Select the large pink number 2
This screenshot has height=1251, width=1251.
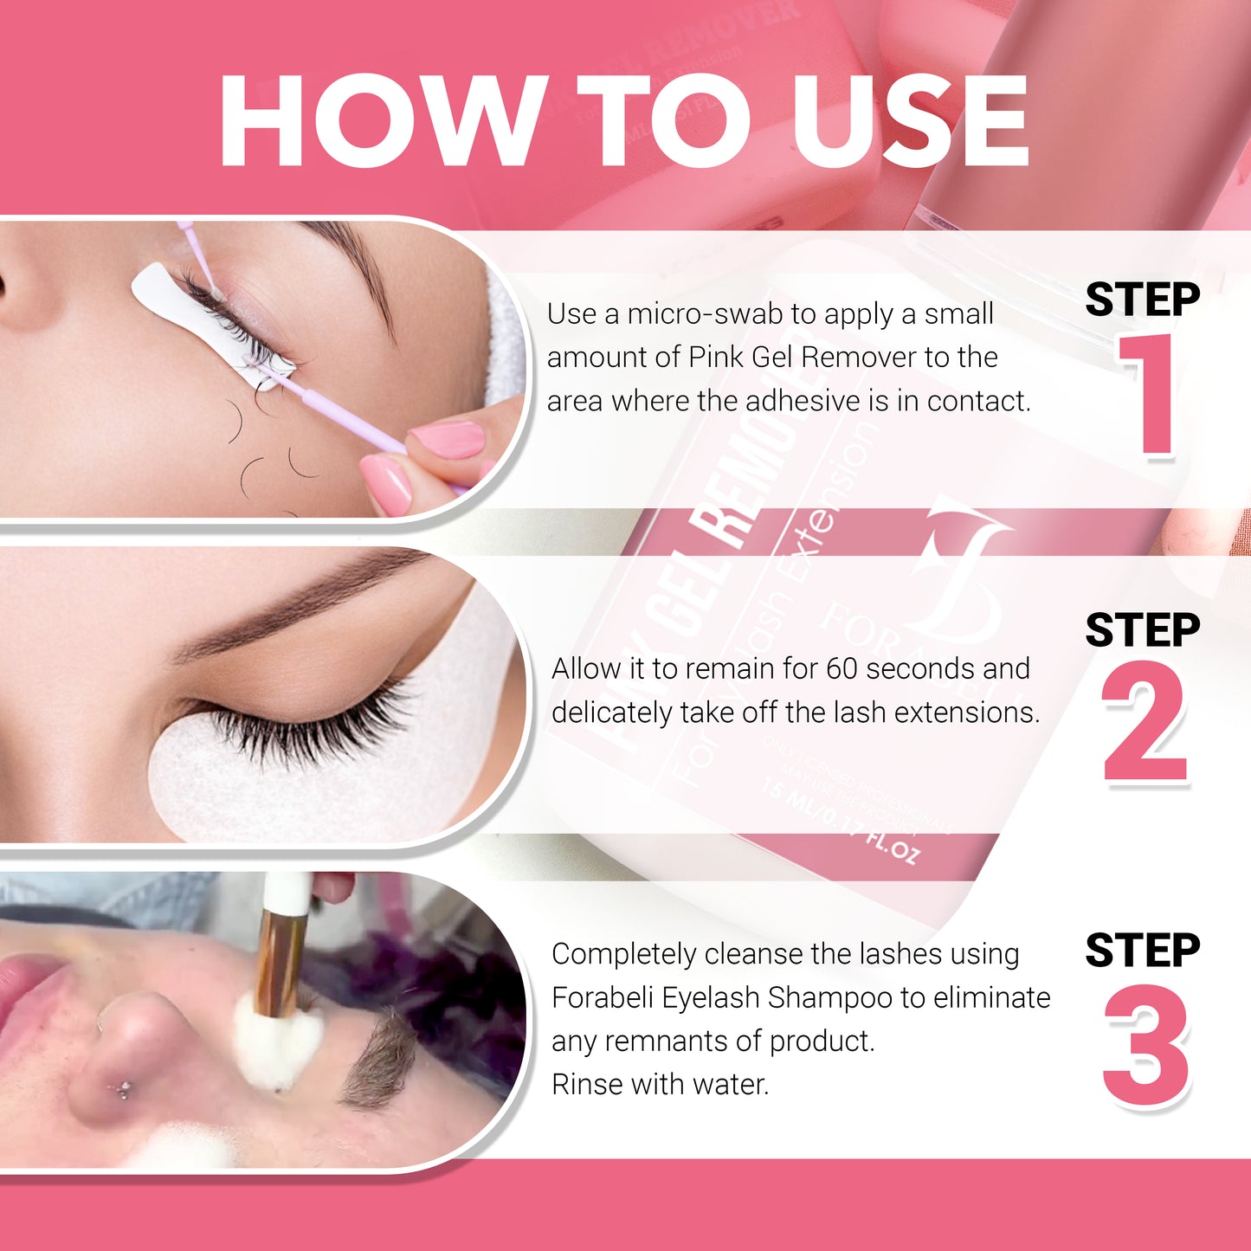point(1145,723)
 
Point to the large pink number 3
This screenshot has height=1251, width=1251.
point(1145,1046)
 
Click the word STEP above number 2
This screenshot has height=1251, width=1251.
point(1142,629)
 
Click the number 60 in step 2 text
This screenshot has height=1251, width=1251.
point(842,668)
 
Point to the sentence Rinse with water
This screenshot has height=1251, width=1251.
point(660,1084)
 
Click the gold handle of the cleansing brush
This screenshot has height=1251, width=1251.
point(280,961)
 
